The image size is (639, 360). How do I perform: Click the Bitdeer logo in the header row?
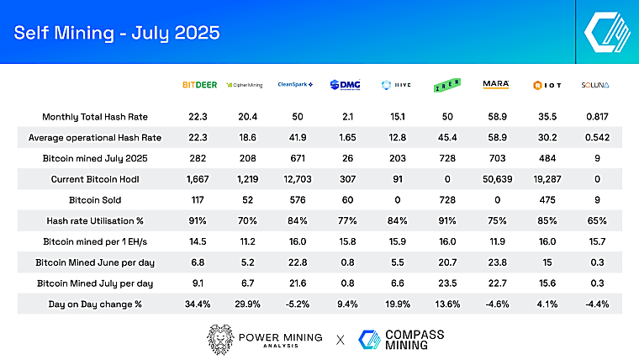[200, 85]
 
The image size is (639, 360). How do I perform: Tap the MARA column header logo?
[496, 84]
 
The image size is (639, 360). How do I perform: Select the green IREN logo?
[447, 85]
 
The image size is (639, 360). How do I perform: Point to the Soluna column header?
[595, 85]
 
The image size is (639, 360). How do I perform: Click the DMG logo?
[346, 85]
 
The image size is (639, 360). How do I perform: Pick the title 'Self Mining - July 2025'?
[117, 33]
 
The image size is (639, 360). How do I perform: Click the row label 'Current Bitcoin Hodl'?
[95, 179]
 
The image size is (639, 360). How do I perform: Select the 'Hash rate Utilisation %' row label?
[95, 220]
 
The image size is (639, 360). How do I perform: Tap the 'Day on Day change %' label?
[95, 304]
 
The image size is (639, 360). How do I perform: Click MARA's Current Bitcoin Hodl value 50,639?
[497, 179]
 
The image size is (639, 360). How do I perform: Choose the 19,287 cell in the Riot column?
[547, 179]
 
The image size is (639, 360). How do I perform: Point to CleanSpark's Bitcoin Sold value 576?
[298, 200]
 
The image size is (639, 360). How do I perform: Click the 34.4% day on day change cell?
[198, 304]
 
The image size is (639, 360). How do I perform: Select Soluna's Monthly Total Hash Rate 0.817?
[597, 117]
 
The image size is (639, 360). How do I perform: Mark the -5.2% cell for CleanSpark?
[298, 304]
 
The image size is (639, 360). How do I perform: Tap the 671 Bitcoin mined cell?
[298, 158]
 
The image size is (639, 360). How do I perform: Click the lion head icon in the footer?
[220, 339]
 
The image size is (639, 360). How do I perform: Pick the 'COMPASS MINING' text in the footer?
[415, 340]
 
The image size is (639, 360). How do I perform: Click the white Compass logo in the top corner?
[607, 32]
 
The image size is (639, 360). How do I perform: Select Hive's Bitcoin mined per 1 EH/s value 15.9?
[398, 241]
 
